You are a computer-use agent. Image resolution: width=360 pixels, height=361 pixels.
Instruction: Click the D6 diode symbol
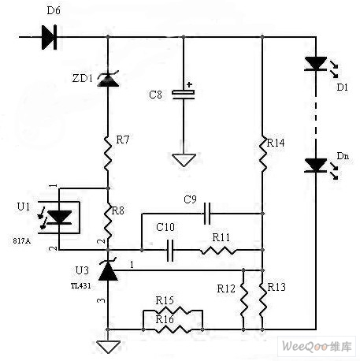(49, 37)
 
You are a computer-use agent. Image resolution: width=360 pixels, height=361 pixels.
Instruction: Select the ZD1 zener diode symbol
(108, 79)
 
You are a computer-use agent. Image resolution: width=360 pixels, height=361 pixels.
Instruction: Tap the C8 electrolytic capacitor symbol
(184, 95)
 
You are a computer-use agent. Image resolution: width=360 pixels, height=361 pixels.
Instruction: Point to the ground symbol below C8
(184, 160)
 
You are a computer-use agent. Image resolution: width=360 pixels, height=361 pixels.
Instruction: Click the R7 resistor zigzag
(108, 154)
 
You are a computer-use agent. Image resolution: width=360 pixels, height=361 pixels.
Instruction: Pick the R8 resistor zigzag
(108, 221)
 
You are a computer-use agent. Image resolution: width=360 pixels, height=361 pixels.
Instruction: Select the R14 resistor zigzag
(262, 154)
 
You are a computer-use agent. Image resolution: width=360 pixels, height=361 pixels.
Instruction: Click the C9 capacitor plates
(207, 214)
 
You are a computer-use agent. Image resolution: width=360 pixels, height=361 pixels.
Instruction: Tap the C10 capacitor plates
(170, 250)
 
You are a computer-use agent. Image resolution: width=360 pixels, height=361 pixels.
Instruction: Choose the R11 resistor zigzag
(217, 250)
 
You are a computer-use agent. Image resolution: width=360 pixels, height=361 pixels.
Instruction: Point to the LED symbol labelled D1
(316, 64)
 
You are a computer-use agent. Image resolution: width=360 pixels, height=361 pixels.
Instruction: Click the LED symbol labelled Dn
(316, 166)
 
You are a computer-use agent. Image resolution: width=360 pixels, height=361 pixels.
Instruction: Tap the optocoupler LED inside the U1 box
(59, 218)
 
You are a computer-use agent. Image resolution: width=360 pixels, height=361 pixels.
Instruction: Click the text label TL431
(81, 286)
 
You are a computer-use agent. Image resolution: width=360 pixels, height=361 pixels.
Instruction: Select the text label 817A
(22, 241)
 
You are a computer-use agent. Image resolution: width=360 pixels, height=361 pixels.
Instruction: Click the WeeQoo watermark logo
(317, 346)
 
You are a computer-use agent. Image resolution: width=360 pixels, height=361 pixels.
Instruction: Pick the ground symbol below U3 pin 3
(108, 347)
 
